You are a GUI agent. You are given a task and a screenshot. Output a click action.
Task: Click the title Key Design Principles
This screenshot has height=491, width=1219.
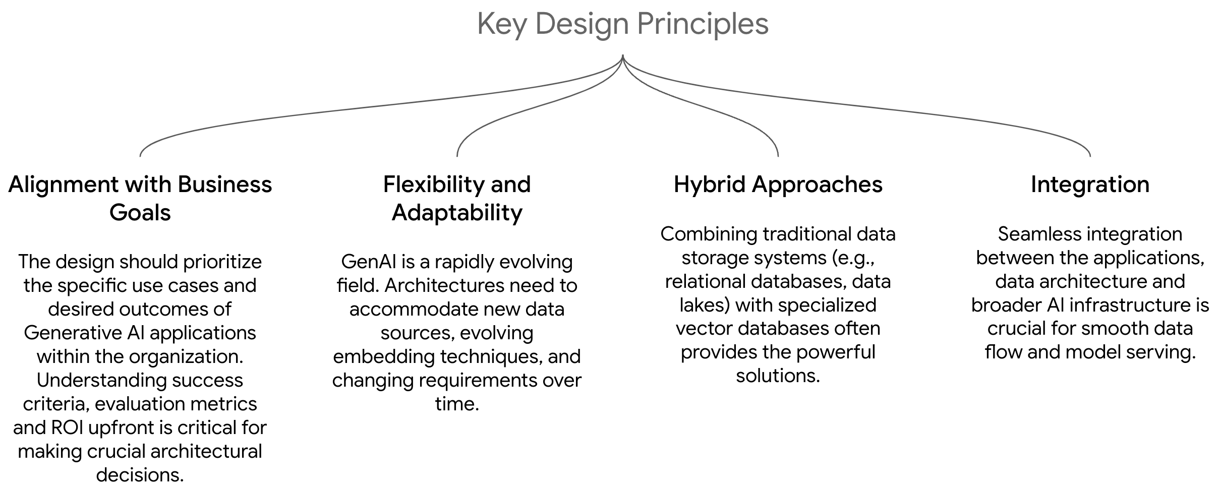coord(623,24)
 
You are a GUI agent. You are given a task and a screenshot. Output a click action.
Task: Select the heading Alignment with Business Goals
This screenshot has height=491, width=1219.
coord(140,198)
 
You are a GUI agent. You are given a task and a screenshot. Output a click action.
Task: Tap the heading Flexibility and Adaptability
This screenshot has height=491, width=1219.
coord(457,198)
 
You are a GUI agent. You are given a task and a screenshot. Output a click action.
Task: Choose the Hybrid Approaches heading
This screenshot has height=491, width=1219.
coord(778,185)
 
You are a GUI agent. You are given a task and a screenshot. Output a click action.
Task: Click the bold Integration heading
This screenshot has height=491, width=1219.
coord(1090,185)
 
